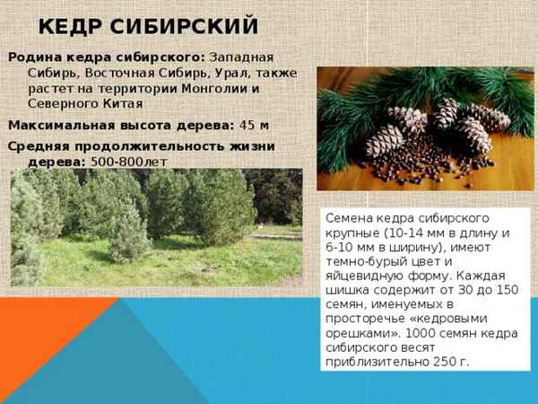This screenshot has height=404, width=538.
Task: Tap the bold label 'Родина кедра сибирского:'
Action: [x=107, y=57]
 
